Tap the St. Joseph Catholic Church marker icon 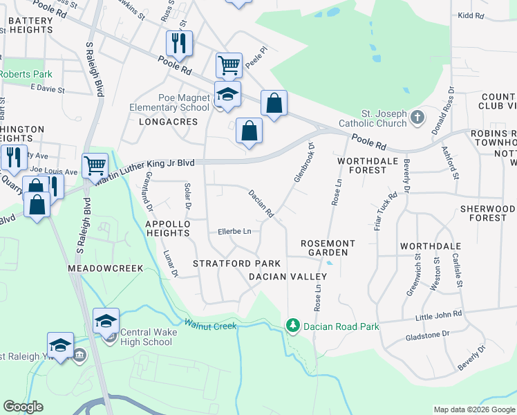tap(417, 118)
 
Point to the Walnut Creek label tap(210, 325)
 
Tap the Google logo tap(23, 407)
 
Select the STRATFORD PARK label tap(236, 264)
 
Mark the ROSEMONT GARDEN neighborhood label tap(328, 248)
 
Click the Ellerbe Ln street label tap(234, 231)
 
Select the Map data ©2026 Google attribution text tap(473, 409)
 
